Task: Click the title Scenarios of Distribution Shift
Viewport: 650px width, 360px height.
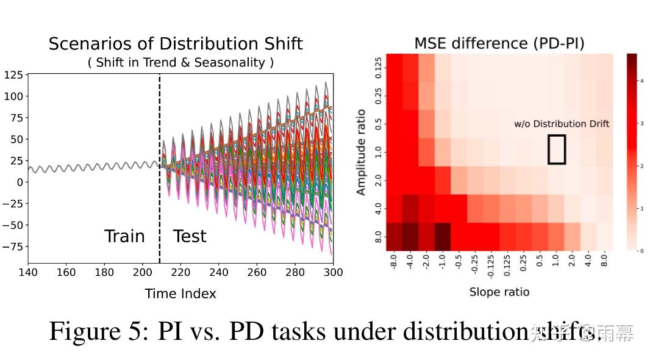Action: [x=176, y=44]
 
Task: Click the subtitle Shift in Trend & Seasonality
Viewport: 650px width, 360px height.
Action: [x=181, y=62]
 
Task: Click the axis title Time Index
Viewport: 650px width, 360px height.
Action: [x=180, y=294]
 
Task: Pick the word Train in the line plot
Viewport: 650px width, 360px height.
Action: [x=124, y=237]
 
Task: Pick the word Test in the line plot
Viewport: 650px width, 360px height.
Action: [x=190, y=237]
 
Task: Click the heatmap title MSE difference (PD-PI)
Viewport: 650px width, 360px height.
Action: [x=499, y=44]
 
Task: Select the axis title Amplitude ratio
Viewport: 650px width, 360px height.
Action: [x=361, y=152]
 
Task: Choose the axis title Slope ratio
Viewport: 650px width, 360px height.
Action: [x=499, y=292]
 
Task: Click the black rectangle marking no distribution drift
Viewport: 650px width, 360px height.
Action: [x=556, y=149]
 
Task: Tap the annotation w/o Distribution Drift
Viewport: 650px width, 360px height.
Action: [x=561, y=124]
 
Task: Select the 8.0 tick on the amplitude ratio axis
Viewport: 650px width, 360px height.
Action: [x=379, y=237]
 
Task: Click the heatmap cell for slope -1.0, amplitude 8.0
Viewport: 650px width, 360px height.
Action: [x=441, y=237]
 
